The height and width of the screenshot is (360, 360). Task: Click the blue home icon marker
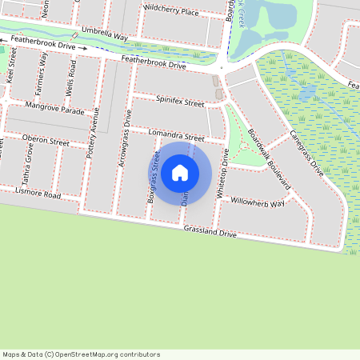pyautogui.click(x=180, y=172)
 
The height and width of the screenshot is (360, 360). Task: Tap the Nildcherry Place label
pyautogui.click(x=171, y=12)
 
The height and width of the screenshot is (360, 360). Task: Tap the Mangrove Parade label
pyautogui.click(x=54, y=108)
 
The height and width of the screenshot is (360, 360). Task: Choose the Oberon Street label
pyautogui.click(x=46, y=141)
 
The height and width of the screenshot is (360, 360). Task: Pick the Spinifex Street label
pyautogui.click(x=180, y=102)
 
